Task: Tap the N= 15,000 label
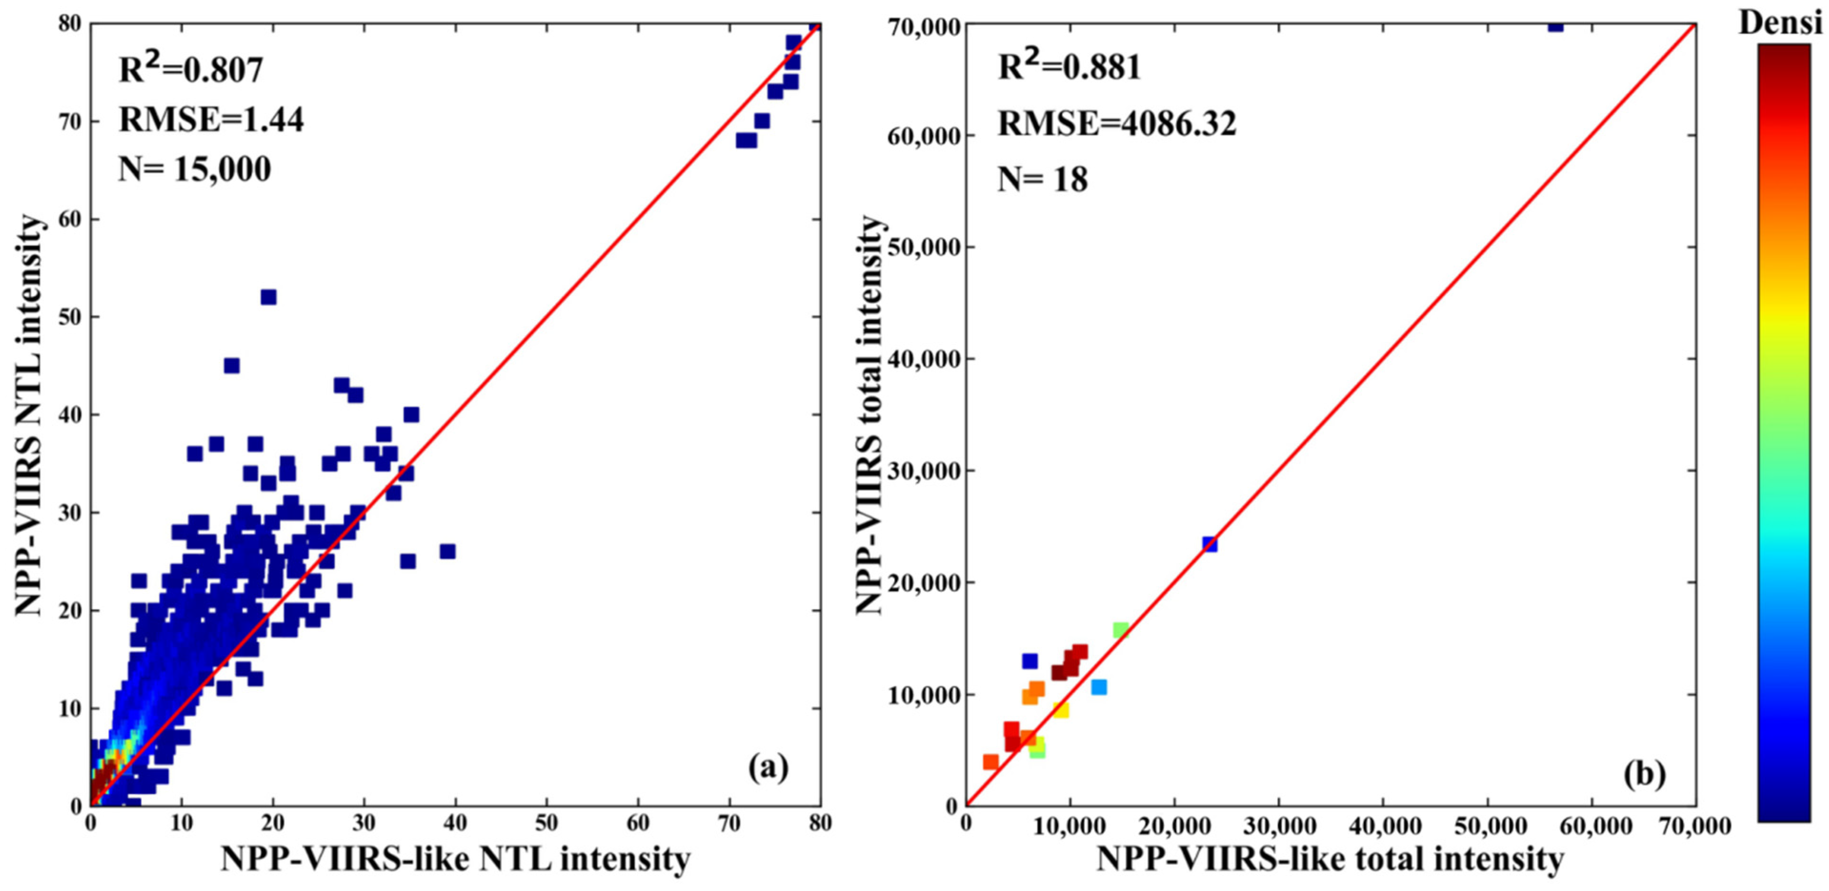[x=194, y=170]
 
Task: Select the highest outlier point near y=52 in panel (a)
[x=268, y=297]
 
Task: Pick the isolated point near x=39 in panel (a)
[x=447, y=551]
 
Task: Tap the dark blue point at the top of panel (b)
[x=1550, y=26]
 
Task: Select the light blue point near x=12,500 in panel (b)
[x=1098, y=687]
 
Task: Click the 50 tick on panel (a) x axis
[x=547, y=823]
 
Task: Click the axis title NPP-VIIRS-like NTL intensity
[x=455, y=860]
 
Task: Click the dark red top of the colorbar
[x=1784, y=53]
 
